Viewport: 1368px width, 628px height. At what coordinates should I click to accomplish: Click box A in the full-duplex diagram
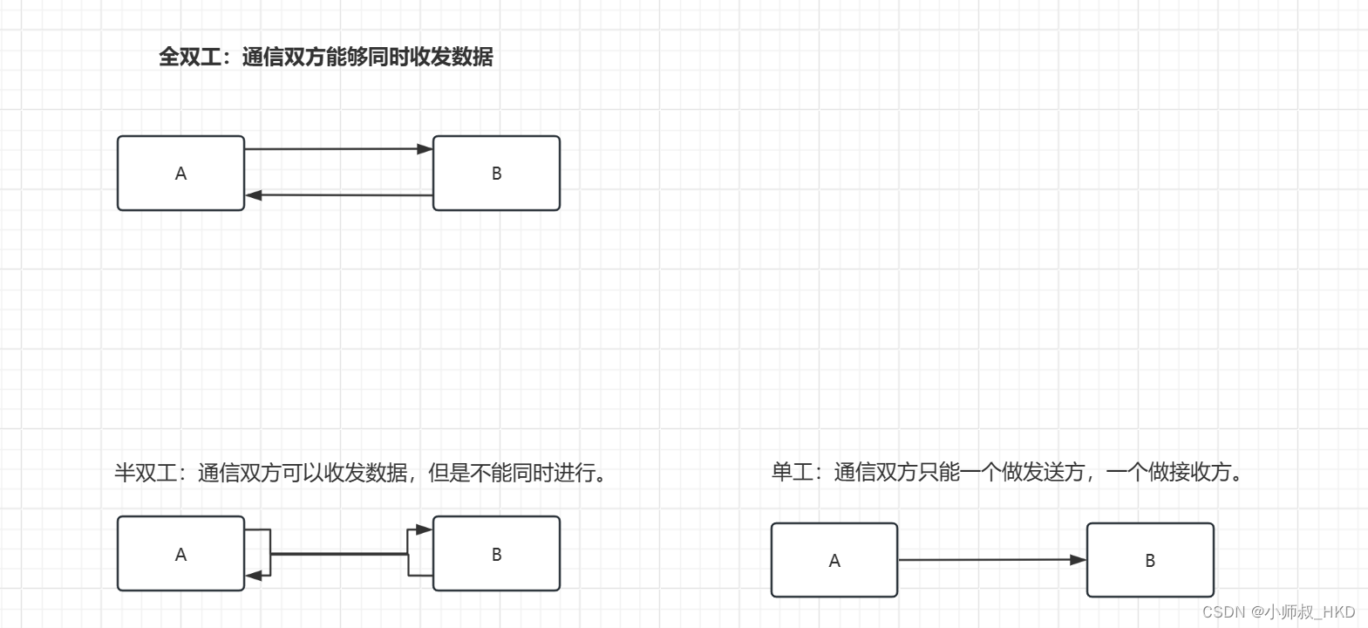[x=180, y=173]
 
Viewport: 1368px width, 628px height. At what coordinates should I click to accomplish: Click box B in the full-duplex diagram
[x=496, y=173]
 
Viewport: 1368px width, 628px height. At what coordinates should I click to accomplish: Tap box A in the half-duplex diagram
[x=180, y=554]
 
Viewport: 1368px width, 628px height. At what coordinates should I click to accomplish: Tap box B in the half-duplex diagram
[x=496, y=554]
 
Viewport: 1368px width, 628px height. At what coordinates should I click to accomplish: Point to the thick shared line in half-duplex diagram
[x=339, y=554]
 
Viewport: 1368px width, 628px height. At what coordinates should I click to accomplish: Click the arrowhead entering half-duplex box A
[x=254, y=576]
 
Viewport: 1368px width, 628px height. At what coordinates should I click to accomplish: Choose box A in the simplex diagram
[x=834, y=560]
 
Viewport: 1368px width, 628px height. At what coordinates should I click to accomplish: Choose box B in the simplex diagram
[x=1150, y=560]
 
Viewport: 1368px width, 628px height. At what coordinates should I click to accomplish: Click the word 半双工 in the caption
[x=146, y=473]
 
